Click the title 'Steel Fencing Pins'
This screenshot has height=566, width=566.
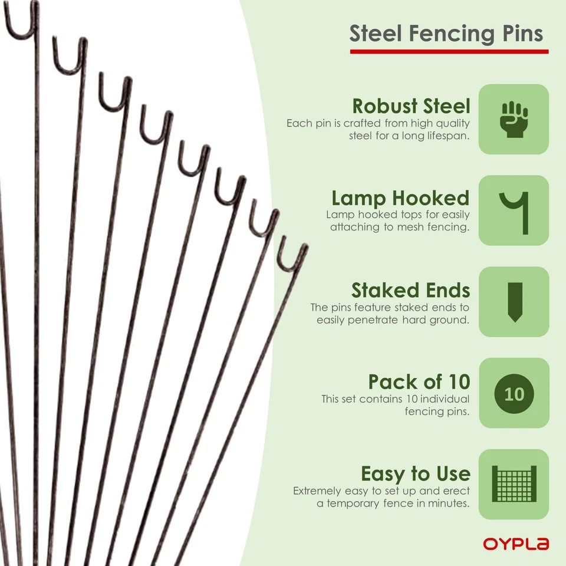click(446, 33)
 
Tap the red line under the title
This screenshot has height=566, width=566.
click(449, 52)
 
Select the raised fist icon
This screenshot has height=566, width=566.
click(514, 119)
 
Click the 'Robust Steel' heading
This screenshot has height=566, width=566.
click(411, 106)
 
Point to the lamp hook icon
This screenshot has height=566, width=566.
click(514, 210)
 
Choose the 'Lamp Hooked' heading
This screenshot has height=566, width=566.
click(400, 198)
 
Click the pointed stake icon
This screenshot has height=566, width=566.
click(514, 302)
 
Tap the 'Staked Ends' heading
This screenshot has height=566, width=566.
click(410, 290)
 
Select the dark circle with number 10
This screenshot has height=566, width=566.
click(514, 393)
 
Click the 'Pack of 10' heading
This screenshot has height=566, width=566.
click(419, 381)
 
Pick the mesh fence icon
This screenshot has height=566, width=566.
click(514, 484)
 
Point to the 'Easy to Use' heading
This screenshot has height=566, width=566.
click(415, 473)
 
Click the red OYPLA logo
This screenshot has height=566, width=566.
click(516, 544)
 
